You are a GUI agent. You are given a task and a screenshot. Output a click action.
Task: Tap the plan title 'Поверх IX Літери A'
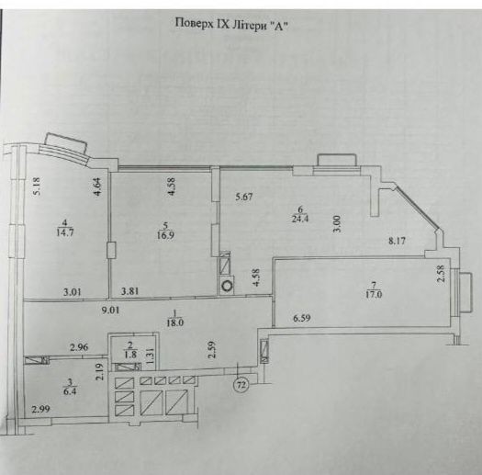click(x=232, y=24)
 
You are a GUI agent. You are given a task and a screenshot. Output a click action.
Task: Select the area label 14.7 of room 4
click(x=65, y=232)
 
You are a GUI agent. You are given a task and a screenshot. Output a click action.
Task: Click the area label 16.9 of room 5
click(x=165, y=236)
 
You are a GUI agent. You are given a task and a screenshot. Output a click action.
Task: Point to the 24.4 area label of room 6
click(x=300, y=219)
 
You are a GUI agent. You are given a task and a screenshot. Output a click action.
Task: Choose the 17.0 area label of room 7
click(x=374, y=295)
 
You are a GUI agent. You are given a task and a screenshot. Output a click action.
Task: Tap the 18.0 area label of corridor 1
click(x=175, y=323)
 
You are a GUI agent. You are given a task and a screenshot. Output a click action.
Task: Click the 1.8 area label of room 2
click(x=130, y=355)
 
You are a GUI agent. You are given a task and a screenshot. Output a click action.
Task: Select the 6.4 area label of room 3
click(x=70, y=392)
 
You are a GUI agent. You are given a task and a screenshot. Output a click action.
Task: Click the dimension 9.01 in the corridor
click(x=111, y=311)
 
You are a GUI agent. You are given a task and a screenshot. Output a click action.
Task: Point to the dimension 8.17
click(x=397, y=241)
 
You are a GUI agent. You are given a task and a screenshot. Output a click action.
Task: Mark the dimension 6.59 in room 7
click(x=302, y=318)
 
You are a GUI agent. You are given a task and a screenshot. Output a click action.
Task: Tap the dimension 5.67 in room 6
click(x=244, y=197)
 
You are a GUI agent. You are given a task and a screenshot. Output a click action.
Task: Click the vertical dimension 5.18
click(x=39, y=187)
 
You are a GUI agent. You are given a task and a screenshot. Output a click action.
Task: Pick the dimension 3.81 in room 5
click(x=129, y=291)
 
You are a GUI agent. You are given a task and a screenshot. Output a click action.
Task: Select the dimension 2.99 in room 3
click(x=40, y=409)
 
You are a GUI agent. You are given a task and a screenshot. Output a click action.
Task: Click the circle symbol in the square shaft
click(x=228, y=286)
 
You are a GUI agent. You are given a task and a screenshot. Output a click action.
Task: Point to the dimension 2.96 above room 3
click(x=79, y=347)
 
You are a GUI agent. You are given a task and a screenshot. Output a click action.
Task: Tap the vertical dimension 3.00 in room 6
click(x=337, y=223)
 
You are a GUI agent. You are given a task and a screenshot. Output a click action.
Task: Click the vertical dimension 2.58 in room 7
click(x=441, y=273)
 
